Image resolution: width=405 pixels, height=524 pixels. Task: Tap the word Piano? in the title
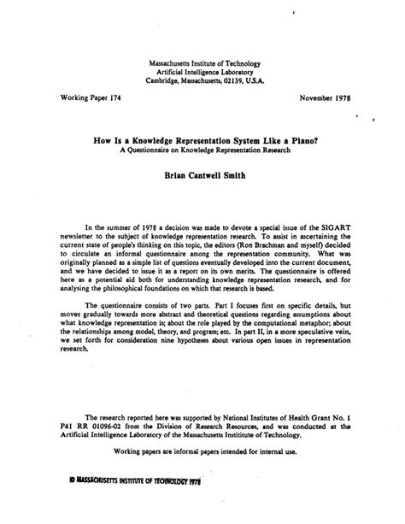(x=296, y=145)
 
